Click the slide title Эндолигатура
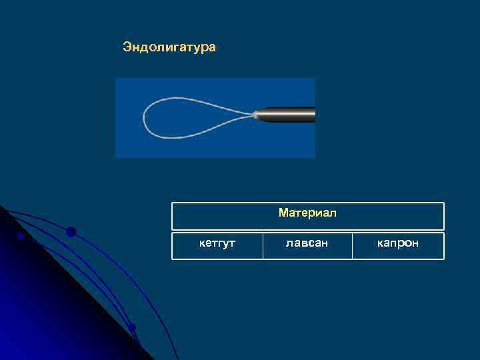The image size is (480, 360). point(169,47)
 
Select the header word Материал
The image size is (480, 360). point(307,213)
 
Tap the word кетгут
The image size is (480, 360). point(217,243)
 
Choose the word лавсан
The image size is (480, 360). point(307,243)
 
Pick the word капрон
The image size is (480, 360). point(398,243)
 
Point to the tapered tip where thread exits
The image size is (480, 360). point(257,115)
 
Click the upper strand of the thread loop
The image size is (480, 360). point(193,100)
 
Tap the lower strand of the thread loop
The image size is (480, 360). point(193,134)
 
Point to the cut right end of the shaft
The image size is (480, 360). point(313,115)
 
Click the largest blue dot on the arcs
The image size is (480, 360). point(71,232)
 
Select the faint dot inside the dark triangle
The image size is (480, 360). point(21,235)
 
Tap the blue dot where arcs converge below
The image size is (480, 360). point(132,327)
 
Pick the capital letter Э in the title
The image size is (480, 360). point(127,47)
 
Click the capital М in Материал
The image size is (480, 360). point(283,213)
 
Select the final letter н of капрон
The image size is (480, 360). point(415,243)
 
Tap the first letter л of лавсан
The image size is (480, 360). point(289,243)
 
